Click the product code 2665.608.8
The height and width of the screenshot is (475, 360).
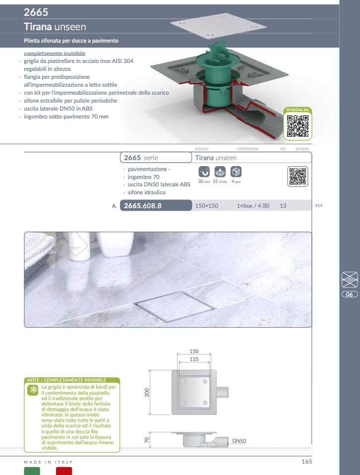tap(142, 206)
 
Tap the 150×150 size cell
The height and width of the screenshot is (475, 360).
tap(207, 206)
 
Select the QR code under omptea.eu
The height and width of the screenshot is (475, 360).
tap(298, 126)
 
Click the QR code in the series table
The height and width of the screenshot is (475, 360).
tap(298, 177)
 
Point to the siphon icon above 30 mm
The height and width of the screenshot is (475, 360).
tap(204, 172)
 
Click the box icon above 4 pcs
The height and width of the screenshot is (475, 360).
tap(236, 172)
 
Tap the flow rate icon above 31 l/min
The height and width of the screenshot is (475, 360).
tap(220, 172)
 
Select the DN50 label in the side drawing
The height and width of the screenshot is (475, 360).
tap(239, 441)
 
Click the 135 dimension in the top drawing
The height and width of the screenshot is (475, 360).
tap(194, 359)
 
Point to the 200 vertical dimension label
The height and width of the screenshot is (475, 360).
tap(147, 393)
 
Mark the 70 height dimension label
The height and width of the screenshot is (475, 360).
tap(147, 440)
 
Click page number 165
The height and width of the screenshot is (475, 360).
tap(306, 462)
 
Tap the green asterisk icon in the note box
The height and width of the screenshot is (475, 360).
tap(33, 390)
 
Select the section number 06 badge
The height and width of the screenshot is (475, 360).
tap(350, 294)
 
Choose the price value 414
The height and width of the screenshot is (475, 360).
tap(318, 206)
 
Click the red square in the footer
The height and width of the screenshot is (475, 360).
tap(64, 471)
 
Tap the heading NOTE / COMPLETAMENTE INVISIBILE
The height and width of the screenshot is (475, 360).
tap(66, 380)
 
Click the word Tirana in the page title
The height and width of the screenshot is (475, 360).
tap(38, 27)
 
